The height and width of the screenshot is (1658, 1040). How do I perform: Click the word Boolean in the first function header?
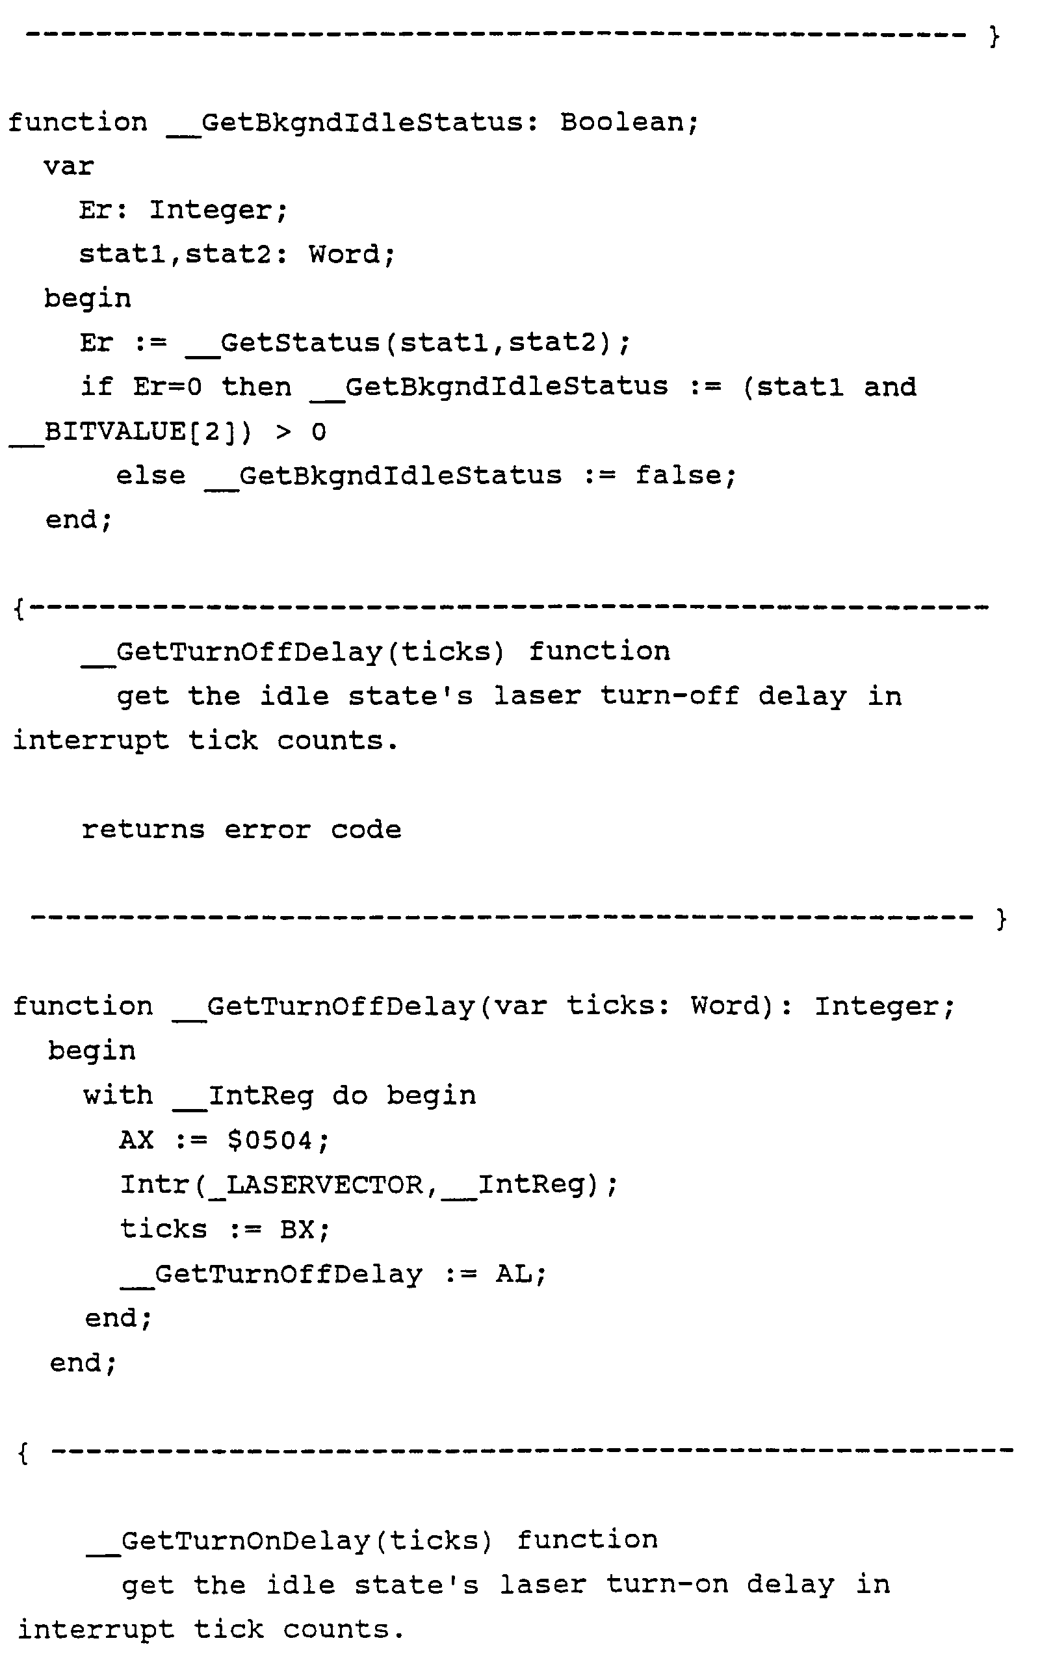pos(629,122)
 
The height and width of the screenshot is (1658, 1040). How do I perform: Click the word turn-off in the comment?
pos(669,696)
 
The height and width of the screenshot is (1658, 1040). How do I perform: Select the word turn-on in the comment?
pos(666,1585)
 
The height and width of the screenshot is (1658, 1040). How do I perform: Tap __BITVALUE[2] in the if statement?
pos(131,431)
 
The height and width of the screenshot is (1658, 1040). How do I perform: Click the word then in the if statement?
pos(257,387)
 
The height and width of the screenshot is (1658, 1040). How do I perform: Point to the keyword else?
pos(151,475)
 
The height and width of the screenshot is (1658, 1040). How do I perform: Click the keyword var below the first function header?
pos(69,166)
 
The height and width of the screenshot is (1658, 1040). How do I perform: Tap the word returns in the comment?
pos(143,830)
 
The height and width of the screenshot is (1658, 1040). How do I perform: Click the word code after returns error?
pos(366,830)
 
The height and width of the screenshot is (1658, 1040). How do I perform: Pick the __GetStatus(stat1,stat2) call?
pos(407,342)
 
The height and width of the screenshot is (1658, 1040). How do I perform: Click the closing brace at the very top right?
pos(994,36)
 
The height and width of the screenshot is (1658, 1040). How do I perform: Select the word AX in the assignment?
pos(136,1140)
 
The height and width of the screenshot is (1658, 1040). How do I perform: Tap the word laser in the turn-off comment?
pos(537,696)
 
